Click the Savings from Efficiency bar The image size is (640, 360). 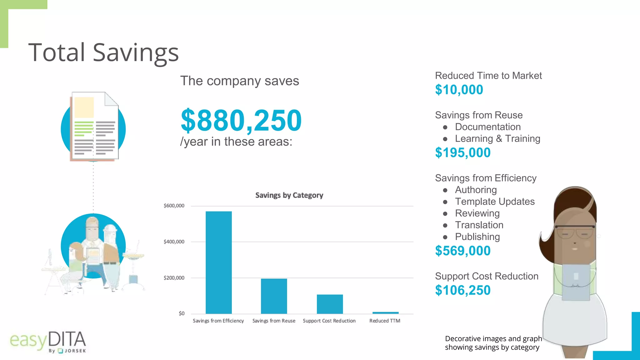[218, 262]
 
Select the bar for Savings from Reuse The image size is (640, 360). [274, 296]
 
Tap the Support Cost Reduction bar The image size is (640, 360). [330, 304]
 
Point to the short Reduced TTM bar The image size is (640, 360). [385, 312]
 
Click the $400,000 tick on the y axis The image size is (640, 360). [174, 242]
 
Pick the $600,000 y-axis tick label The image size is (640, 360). [174, 206]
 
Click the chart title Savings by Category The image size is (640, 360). [289, 195]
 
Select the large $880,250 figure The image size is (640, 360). [241, 120]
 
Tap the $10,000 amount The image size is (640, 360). [459, 90]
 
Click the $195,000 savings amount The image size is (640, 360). [462, 152]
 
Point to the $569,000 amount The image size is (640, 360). [462, 251]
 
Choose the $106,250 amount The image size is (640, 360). [462, 290]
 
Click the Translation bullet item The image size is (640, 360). [479, 225]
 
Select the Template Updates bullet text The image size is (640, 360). [495, 202]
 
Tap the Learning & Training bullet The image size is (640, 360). [497, 138]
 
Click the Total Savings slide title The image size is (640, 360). [103, 52]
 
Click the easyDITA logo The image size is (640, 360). [48, 342]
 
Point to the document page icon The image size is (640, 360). [94, 126]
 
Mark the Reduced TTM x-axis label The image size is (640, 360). [385, 321]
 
